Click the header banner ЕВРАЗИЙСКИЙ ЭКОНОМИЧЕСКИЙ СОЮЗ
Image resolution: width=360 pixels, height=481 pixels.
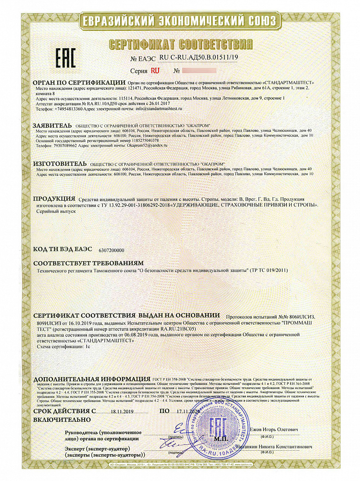click(x=180, y=21)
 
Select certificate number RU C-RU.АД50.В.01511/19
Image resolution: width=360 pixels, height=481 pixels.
click(x=198, y=58)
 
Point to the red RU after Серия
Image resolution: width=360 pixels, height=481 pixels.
click(x=155, y=70)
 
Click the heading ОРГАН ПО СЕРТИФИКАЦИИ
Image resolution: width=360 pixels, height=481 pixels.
click(x=79, y=83)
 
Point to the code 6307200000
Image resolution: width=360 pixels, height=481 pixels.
click(x=111, y=251)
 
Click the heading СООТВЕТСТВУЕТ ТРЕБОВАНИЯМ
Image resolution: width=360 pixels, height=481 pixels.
click(x=88, y=264)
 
